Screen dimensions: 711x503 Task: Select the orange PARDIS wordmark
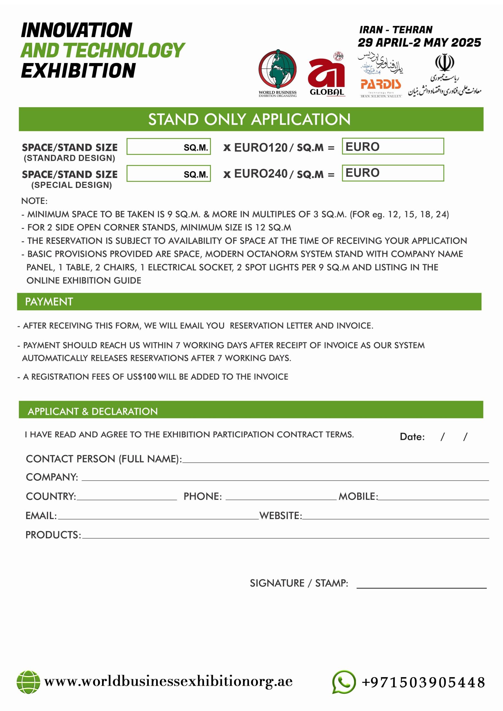380,84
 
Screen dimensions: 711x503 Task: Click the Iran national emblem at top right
444,62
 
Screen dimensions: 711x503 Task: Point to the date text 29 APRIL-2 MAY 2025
419,43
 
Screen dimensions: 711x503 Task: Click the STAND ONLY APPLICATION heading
249,119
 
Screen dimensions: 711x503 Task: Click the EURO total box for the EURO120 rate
393,146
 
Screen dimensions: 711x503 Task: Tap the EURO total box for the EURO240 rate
393,173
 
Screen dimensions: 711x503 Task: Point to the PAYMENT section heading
49,302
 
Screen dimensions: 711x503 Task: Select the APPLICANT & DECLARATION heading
93,411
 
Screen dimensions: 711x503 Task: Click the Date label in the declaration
412,437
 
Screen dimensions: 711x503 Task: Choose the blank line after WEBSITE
395,517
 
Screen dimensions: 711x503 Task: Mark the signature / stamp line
421,586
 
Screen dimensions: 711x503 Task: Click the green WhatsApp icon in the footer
343,682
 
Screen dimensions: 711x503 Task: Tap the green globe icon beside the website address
28,682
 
